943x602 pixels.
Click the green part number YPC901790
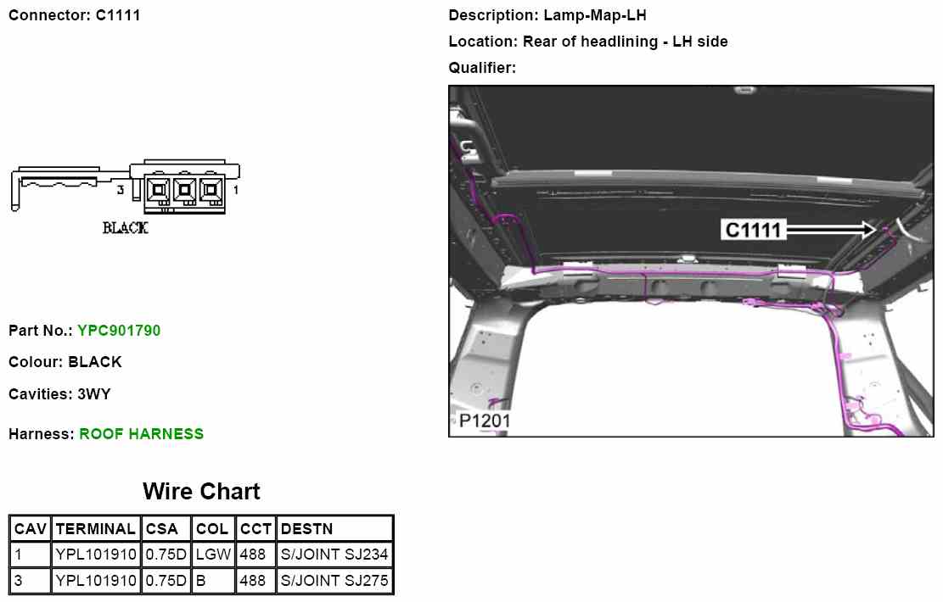click(x=119, y=331)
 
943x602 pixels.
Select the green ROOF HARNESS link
click(x=142, y=434)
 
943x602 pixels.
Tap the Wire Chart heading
click(x=201, y=492)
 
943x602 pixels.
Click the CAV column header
click(x=30, y=529)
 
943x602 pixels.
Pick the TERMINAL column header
click(x=96, y=529)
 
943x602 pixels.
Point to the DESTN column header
click(x=306, y=529)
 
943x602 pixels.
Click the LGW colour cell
click(x=214, y=554)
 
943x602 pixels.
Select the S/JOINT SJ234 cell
click(x=334, y=554)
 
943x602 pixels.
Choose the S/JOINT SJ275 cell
click(x=334, y=580)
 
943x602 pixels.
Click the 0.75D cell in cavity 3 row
click(x=166, y=580)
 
